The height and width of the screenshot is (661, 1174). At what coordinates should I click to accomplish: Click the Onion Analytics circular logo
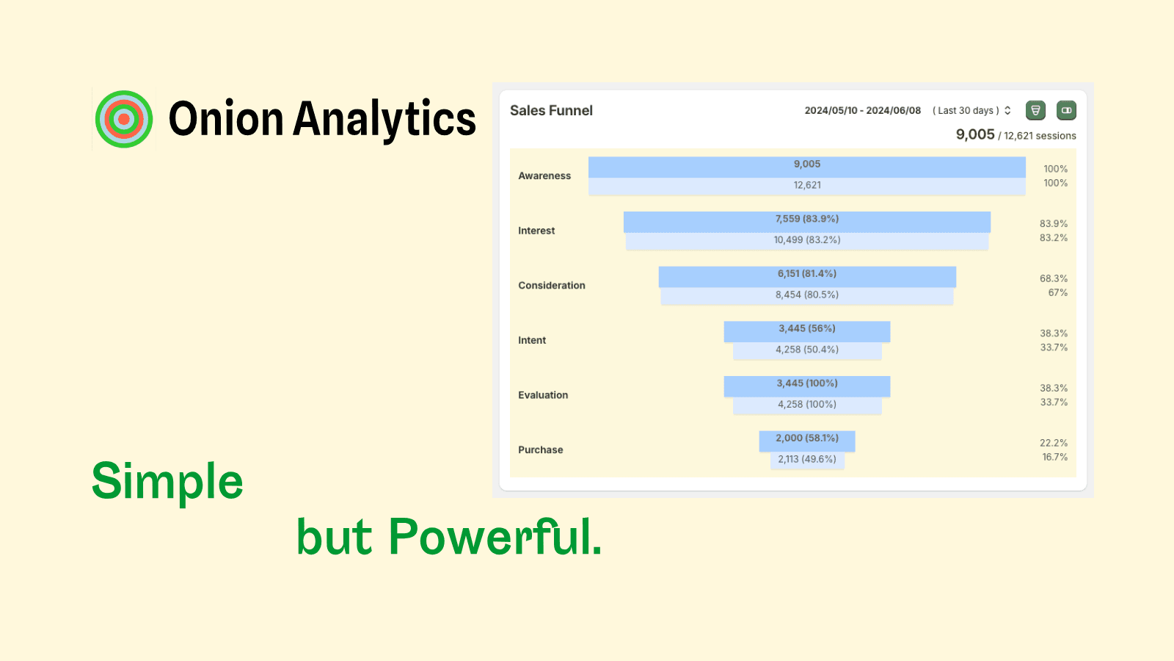pos(124,119)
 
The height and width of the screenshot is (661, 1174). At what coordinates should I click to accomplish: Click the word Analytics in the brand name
pos(384,120)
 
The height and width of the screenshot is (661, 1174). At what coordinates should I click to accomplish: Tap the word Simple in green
pos(167,482)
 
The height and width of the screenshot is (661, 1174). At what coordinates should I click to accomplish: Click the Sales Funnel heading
pos(551,110)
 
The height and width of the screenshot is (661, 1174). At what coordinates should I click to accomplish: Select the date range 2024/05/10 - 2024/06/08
pos(863,110)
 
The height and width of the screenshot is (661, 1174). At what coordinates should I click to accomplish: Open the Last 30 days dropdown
pos(971,110)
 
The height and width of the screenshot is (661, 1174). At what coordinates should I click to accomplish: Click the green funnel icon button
pos(1035,110)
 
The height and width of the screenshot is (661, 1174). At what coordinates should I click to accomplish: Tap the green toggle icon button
pos(1066,110)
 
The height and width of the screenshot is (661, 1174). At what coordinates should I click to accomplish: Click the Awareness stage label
pos(544,176)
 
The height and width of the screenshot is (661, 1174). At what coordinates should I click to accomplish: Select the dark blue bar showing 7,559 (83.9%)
pos(807,221)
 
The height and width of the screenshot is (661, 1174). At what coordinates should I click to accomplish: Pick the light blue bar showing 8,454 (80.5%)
pos(807,295)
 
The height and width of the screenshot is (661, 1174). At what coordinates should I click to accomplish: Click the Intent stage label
pos(532,340)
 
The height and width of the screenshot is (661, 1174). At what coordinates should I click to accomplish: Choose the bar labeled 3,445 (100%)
pos(807,386)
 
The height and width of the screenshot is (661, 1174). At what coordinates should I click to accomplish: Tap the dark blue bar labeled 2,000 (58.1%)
pos(807,441)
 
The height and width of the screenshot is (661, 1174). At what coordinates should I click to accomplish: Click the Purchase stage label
pos(540,449)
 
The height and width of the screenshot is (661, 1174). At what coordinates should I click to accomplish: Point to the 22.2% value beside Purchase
pos(1054,443)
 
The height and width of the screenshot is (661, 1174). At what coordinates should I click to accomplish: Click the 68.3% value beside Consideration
pos(1054,278)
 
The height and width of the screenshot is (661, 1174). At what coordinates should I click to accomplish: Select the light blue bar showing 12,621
pos(807,187)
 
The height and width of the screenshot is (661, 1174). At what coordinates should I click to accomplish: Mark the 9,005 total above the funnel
pos(975,134)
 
